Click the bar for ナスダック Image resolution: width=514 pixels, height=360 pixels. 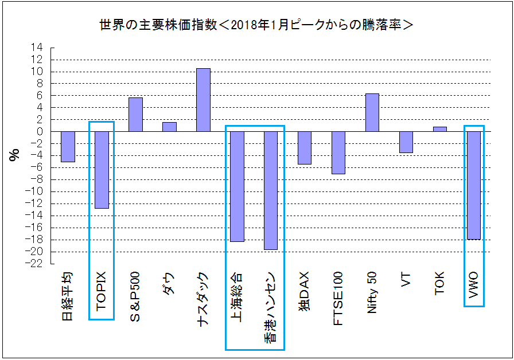(x=203, y=100)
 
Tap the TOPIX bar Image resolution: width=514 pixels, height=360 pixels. (x=102, y=170)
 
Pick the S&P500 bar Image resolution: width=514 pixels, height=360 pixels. (x=135, y=115)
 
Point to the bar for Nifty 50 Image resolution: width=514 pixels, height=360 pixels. (x=372, y=112)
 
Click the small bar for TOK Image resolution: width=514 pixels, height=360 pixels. (x=439, y=129)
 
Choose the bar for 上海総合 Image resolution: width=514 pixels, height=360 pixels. (x=237, y=186)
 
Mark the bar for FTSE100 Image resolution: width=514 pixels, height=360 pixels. (x=338, y=152)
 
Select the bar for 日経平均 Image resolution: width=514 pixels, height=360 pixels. (x=68, y=146)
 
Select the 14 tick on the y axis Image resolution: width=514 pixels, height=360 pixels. (x=37, y=47)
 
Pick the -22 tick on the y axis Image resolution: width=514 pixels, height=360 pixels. (x=35, y=264)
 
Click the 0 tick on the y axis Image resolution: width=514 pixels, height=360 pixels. (x=40, y=131)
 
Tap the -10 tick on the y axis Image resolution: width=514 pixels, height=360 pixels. (x=35, y=191)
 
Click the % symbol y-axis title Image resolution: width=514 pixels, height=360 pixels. (x=14, y=155)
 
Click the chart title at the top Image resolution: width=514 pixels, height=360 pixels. (x=256, y=25)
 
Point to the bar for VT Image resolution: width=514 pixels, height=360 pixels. (x=406, y=142)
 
